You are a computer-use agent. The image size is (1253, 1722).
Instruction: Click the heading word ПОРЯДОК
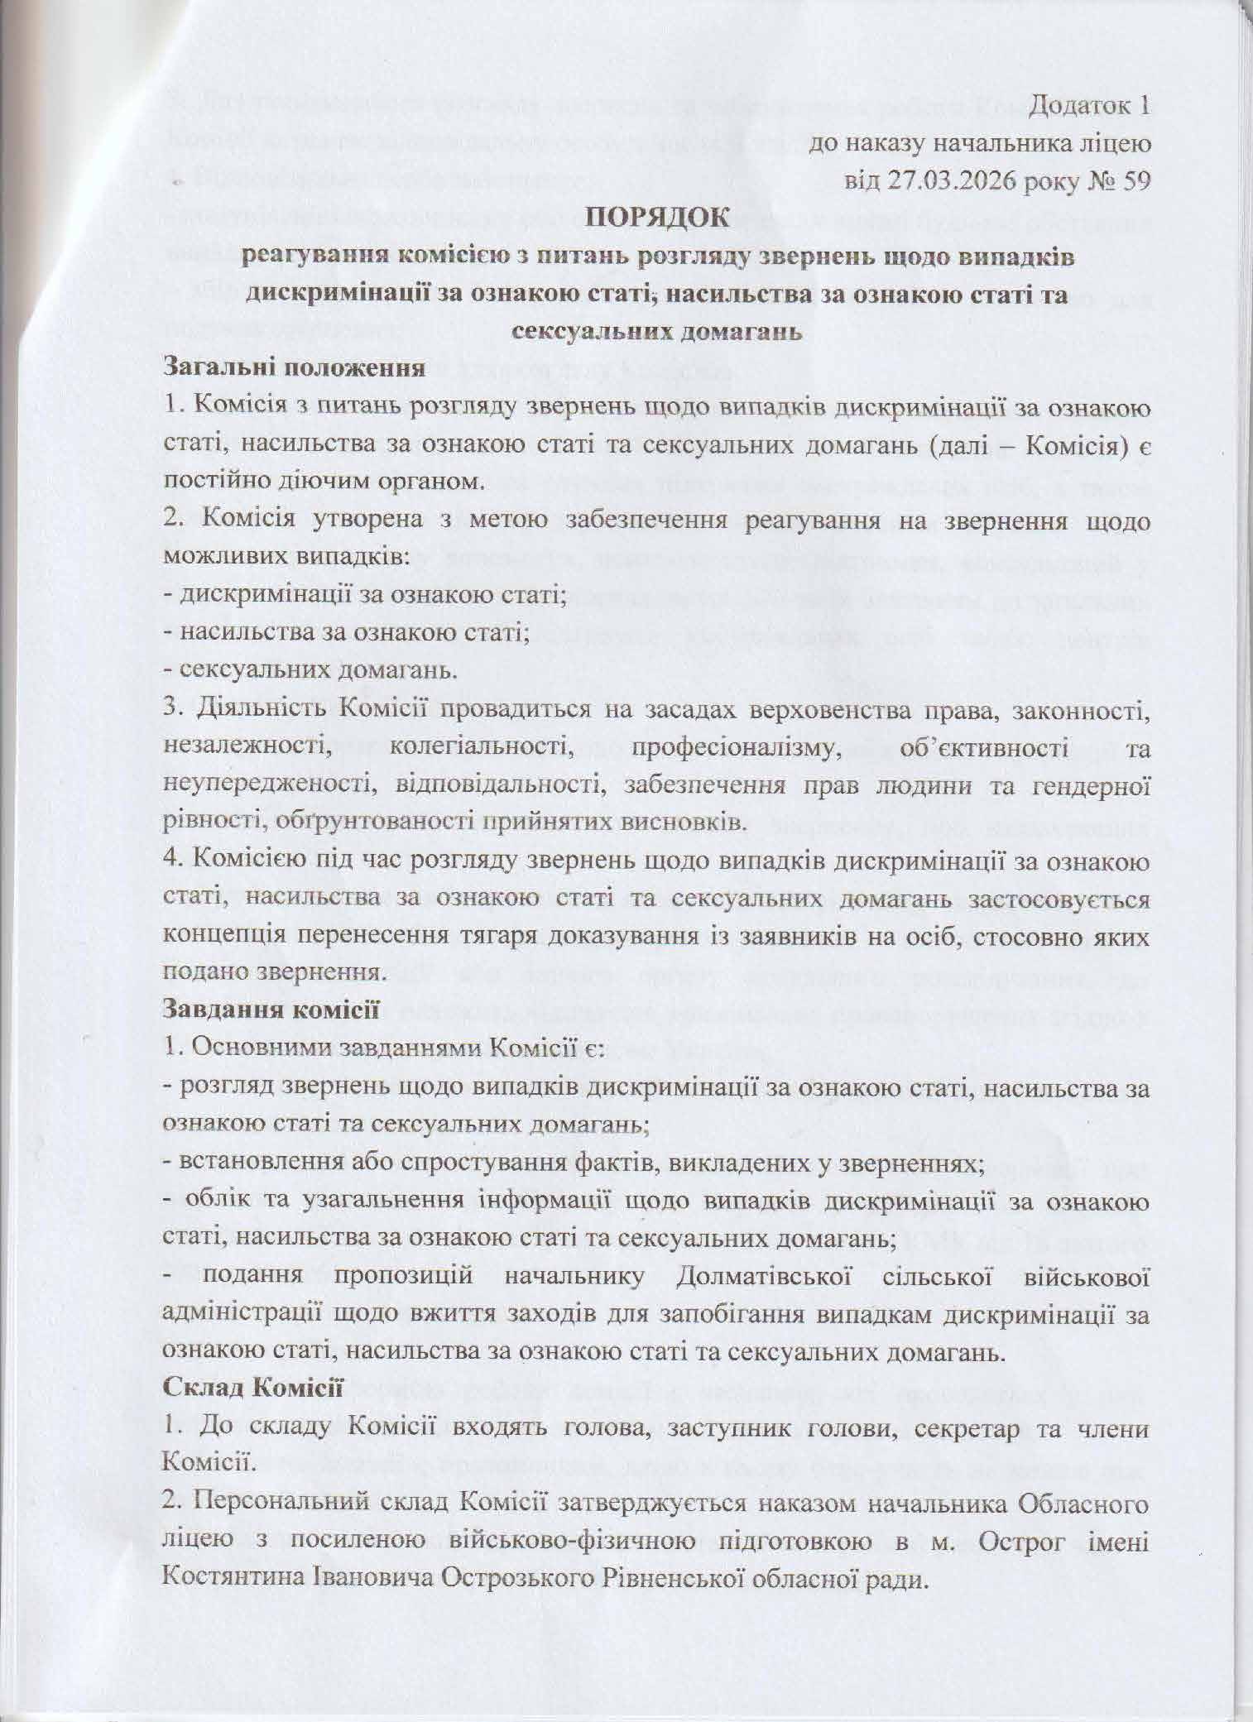coord(657,219)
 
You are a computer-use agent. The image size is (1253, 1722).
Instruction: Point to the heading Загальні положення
coord(295,367)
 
